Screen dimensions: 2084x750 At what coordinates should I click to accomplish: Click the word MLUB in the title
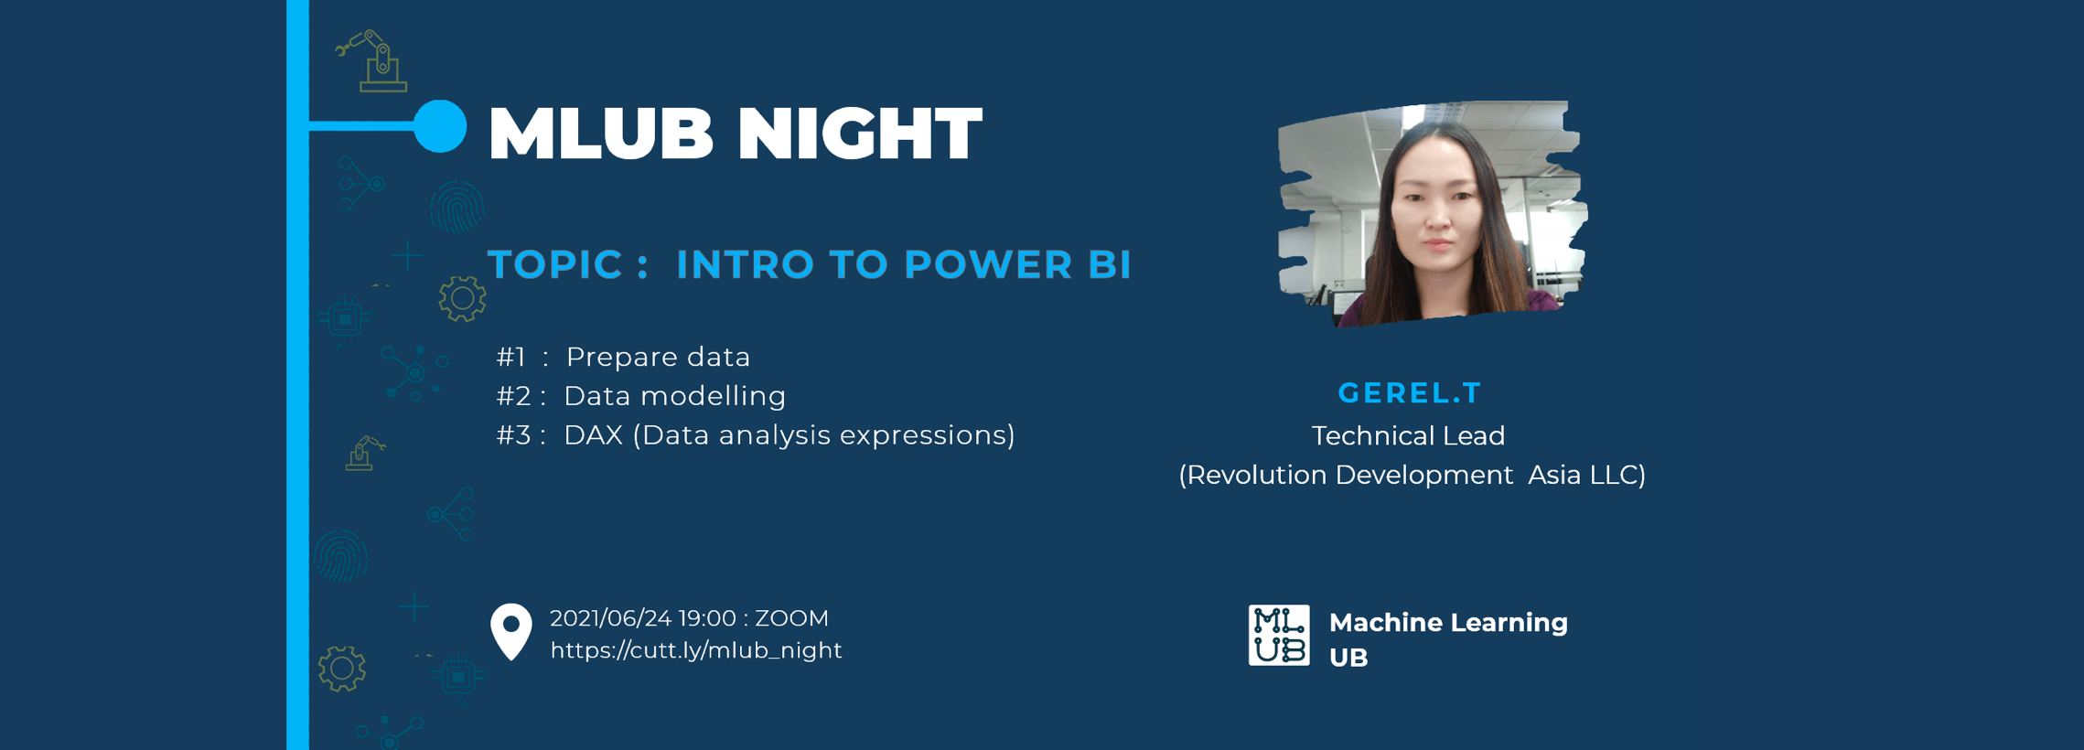coord(600,134)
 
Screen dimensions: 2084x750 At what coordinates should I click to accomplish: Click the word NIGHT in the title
coord(860,134)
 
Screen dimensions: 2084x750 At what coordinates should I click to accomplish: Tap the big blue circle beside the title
coord(440,126)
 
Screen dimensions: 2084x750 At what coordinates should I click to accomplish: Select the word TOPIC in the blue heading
coord(555,264)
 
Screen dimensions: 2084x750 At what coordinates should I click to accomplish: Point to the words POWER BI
coord(1017,264)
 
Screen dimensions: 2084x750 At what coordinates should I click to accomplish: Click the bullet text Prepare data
coord(658,357)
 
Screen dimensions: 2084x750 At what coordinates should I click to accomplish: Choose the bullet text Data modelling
coord(674,396)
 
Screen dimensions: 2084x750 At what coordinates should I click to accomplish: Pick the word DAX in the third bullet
coord(593,435)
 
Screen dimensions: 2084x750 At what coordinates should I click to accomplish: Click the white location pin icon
coord(511,631)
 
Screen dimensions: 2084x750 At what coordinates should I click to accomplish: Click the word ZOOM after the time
coord(792,619)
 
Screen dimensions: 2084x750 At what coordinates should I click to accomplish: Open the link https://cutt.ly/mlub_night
coord(696,650)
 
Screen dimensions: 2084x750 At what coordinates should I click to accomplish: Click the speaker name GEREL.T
coord(1410,393)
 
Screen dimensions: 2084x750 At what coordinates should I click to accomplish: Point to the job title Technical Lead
coord(1409,435)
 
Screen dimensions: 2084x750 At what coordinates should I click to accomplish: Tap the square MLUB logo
coord(1279,635)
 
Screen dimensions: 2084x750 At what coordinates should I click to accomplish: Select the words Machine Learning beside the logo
coord(1448,623)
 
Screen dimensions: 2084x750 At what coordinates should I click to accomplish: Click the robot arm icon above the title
coord(374,61)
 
